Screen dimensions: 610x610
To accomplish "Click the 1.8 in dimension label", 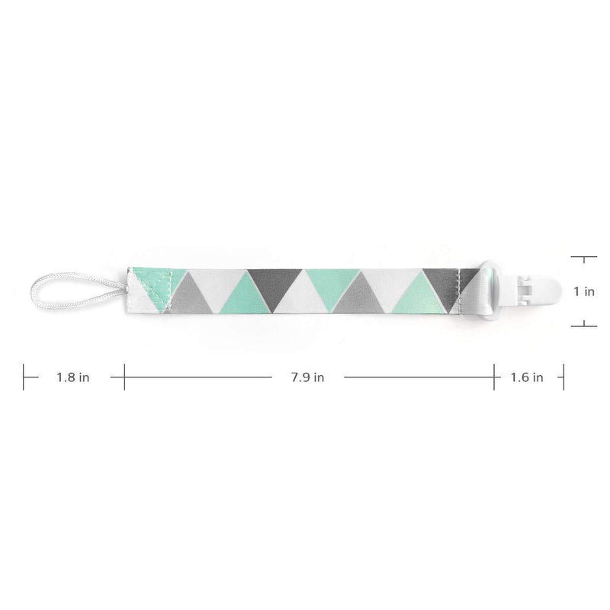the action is pos(72,377).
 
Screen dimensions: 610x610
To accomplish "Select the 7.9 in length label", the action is pos(307,377).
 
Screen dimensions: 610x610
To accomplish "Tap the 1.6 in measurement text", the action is pos(527,377).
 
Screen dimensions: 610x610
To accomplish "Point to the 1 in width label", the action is pos(584,291).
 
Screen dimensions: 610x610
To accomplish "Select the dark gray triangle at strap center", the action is pos(275,285).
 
